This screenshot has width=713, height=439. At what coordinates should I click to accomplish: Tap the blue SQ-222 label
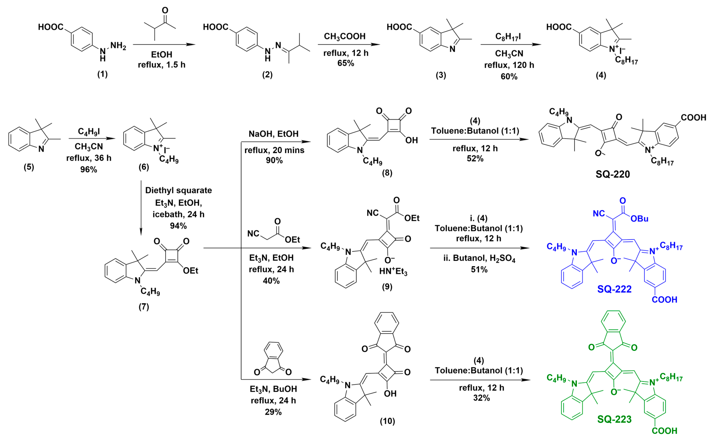point(614,289)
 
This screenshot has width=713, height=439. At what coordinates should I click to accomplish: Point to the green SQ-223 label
point(614,419)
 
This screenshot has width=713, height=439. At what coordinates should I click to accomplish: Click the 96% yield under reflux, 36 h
point(89,170)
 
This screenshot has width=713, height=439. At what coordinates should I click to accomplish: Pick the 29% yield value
point(273,412)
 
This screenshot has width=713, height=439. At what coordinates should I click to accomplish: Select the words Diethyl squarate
point(178,190)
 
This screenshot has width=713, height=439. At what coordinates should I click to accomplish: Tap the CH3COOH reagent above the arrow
point(345,37)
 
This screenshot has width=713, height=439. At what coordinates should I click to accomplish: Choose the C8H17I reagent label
point(508,37)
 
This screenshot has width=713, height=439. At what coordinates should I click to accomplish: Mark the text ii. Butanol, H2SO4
point(479,258)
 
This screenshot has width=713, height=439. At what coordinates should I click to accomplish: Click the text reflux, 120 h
point(509,65)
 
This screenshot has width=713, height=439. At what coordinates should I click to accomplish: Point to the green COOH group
point(664,431)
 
